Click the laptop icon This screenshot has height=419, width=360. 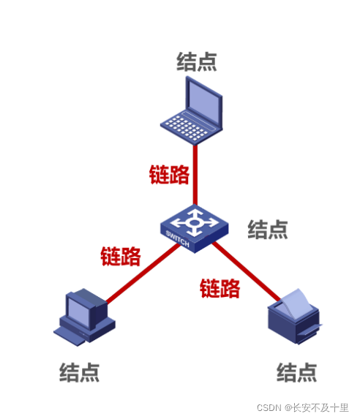193,110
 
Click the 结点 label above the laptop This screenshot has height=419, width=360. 196,61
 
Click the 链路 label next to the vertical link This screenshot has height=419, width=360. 169,175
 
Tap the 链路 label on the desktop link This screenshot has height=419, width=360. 120,256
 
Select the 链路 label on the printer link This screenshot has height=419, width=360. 220,288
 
